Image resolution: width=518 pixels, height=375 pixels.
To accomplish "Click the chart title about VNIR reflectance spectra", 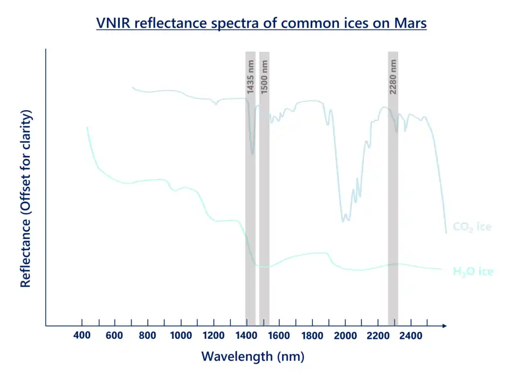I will click(261, 24).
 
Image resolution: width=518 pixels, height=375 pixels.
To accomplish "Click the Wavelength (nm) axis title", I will click(253, 357).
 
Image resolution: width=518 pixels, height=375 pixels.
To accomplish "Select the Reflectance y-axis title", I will click(25, 199).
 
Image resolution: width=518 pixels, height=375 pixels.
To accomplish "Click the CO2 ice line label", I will click(472, 227).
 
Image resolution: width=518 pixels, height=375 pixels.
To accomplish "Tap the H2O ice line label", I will click(473, 271).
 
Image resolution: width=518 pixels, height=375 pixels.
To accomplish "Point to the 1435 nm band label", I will click(250, 77).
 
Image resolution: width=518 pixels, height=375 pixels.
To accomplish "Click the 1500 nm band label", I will click(264, 77).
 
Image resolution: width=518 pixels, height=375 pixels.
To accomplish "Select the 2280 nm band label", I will click(393, 77).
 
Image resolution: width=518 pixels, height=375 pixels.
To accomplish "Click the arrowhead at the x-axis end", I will click(444, 326).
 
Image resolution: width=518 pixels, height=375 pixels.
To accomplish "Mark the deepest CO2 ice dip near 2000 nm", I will click(343, 220).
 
